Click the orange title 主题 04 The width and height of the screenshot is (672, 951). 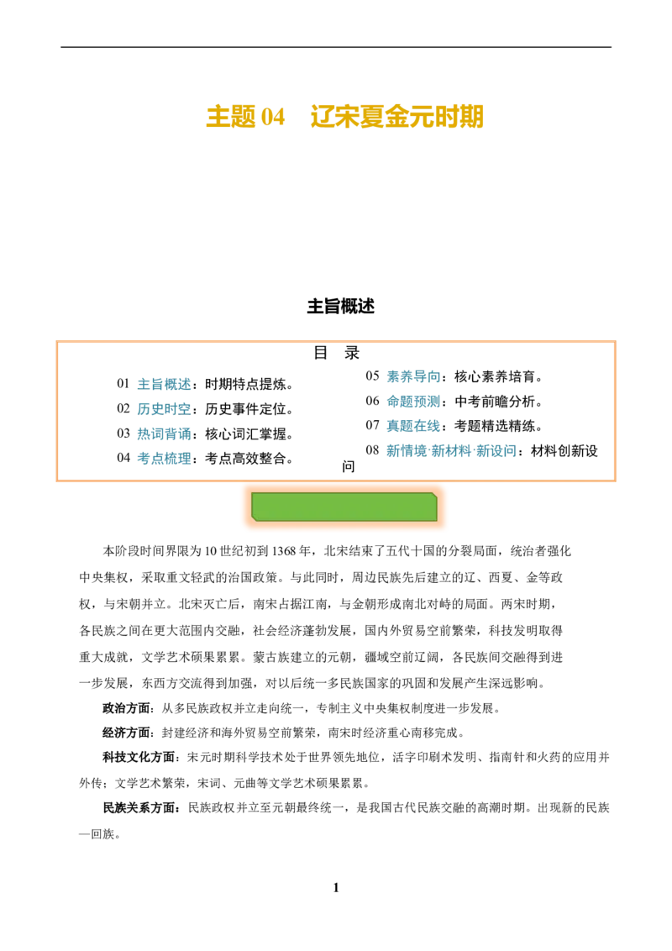pyautogui.click(x=245, y=117)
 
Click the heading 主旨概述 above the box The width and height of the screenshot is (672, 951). pyautogui.click(x=340, y=307)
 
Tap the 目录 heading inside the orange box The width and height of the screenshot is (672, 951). pyautogui.click(x=337, y=352)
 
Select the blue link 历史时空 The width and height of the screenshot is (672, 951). pyautogui.click(x=164, y=409)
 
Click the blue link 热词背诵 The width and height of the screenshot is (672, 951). pyautogui.click(x=164, y=434)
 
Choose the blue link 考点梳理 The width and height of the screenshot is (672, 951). pyautogui.click(x=164, y=459)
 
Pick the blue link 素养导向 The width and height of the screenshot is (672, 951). pyautogui.click(x=413, y=376)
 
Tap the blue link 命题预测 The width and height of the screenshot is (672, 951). pyautogui.click(x=413, y=402)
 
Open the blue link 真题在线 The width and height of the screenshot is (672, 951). pyautogui.click(x=413, y=427)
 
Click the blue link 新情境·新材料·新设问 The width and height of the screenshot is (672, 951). pyautogui.click(x=451, y=450)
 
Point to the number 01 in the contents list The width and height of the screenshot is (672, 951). pyautogui.click(x=123, y=384)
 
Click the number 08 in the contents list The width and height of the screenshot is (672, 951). pyautogui.click(x=372, y=450)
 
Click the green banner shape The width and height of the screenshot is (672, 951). pyautogui.click(x=344, y=507)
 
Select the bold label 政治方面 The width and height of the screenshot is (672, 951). pyautogui.click(x=126, y=708)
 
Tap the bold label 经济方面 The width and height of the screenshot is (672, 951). pyautogui.click(x=126, y=733)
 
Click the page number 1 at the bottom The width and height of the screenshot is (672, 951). pyautogui.click(x=336, y=888)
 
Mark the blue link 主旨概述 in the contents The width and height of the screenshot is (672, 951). pyautogui.click(x=164, y=385)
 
